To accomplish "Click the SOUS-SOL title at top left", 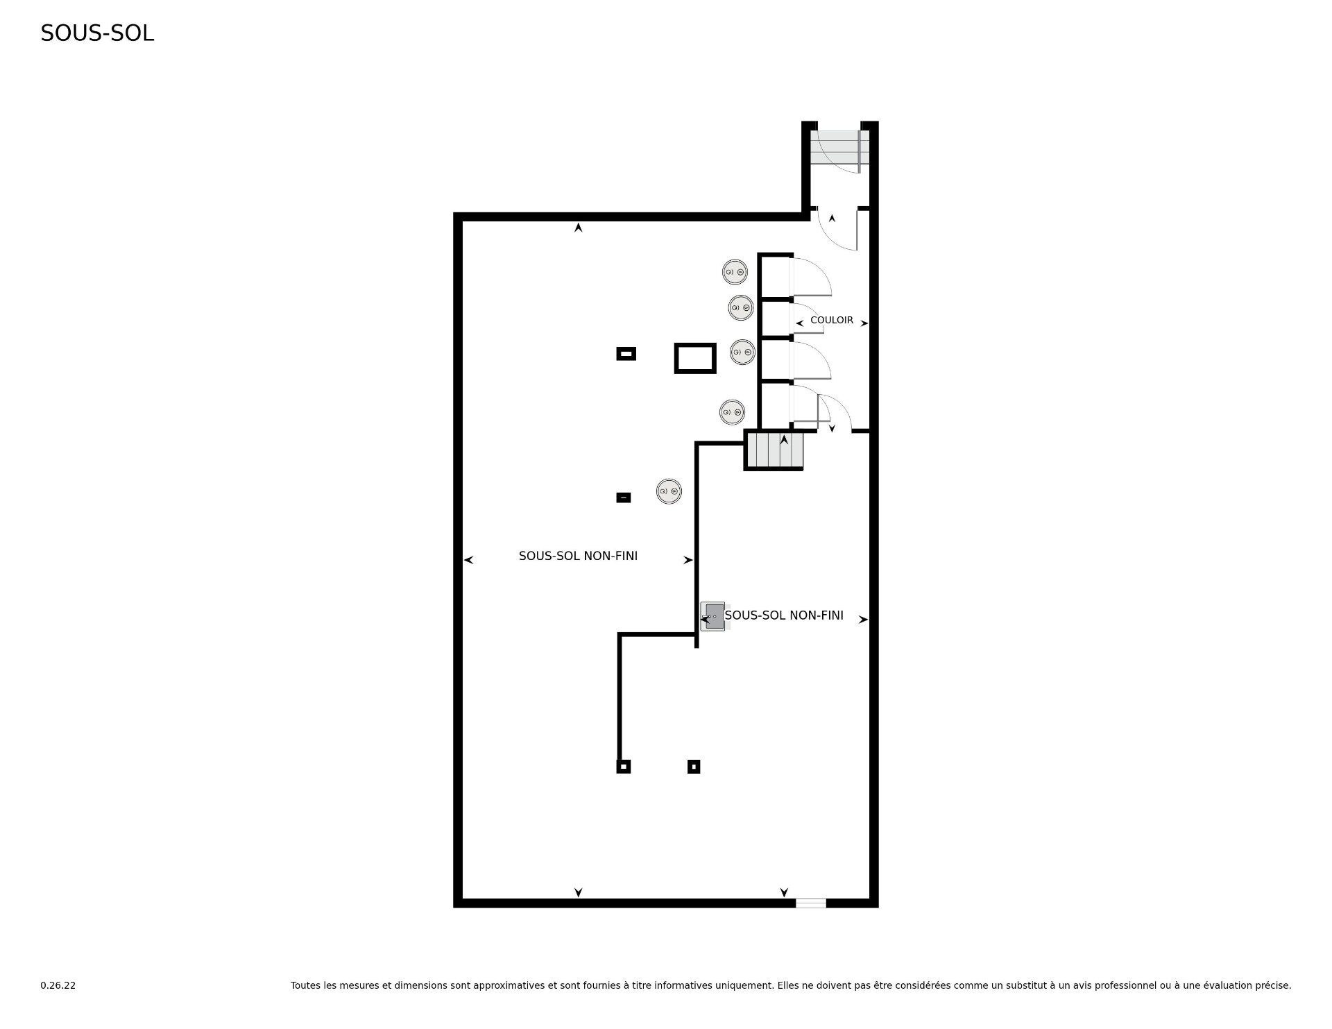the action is click(97, 33).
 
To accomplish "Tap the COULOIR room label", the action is click(832, 320).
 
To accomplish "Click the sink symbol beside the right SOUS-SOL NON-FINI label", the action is click(712, 616).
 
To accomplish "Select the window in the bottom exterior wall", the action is click(810, 903).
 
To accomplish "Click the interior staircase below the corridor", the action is click(774, 450).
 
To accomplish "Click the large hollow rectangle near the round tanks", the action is click(694, 358).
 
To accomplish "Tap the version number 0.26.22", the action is click(58, 985).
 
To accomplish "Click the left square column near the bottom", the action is click(624, 767).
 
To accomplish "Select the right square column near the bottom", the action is click(694, 767).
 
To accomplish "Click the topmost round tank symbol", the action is click(735, 272).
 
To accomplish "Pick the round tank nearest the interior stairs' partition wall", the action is click(669, 491).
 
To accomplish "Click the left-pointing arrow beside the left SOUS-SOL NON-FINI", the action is click(468, 560).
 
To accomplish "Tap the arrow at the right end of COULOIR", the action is click(864, 323).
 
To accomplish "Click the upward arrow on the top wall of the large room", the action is click(578, 227).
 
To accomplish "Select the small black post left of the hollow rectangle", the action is click(626, 354).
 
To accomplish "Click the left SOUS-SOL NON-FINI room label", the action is click(578, 556).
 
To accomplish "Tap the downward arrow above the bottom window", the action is click(784, 892).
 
